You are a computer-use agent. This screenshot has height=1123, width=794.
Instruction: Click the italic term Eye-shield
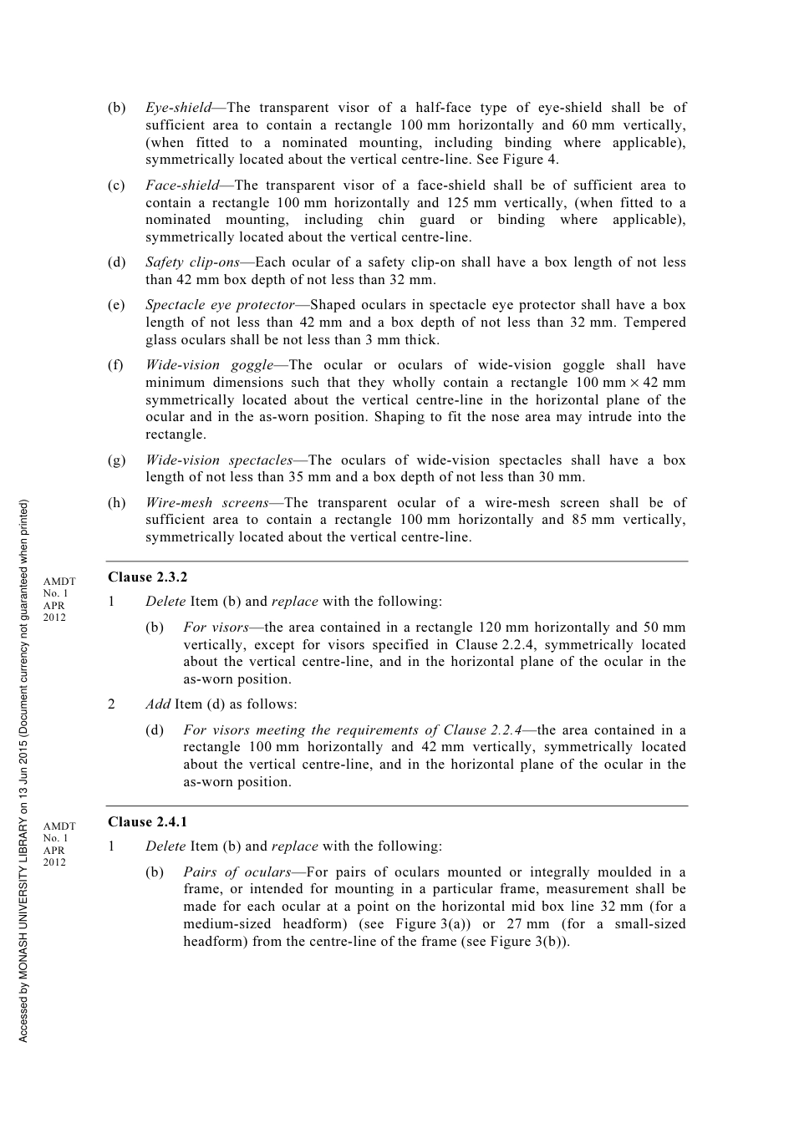point(178,108)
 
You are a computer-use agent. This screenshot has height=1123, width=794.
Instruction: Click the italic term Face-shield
point(181,185)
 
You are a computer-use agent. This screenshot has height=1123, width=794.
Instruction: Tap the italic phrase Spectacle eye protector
point(220,305)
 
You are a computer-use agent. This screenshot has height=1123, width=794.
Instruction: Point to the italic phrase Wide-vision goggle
point(209,365)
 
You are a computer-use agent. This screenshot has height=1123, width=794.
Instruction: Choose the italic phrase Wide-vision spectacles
point(219,460)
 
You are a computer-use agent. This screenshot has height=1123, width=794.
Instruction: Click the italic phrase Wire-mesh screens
point(207,503)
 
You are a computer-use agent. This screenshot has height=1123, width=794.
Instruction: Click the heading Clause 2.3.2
point(147,577)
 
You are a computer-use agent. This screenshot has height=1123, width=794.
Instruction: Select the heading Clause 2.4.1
point(147,822)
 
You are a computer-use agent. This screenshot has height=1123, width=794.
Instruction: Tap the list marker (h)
point(116,503)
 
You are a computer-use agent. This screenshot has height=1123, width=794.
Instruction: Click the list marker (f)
point(115,365)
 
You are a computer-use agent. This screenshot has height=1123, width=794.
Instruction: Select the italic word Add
point(157,704)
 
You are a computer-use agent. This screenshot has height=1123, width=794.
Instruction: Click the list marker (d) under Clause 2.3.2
point(155,730)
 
